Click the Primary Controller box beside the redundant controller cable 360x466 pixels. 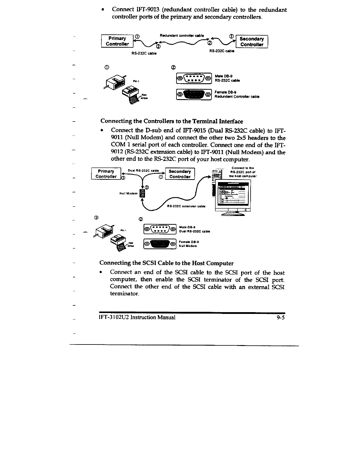point(117,41)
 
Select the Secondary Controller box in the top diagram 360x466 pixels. point(251,41)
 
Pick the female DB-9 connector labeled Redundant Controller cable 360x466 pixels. point(194,95)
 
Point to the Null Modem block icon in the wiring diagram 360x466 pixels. point(142,193)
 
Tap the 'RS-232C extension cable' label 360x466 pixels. point(186,206)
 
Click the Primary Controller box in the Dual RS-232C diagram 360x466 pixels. point(106,174)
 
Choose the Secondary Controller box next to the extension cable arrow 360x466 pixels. point(180,174)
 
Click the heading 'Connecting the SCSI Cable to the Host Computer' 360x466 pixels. point(166,263)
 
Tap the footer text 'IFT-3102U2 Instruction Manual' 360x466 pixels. point(137,317)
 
